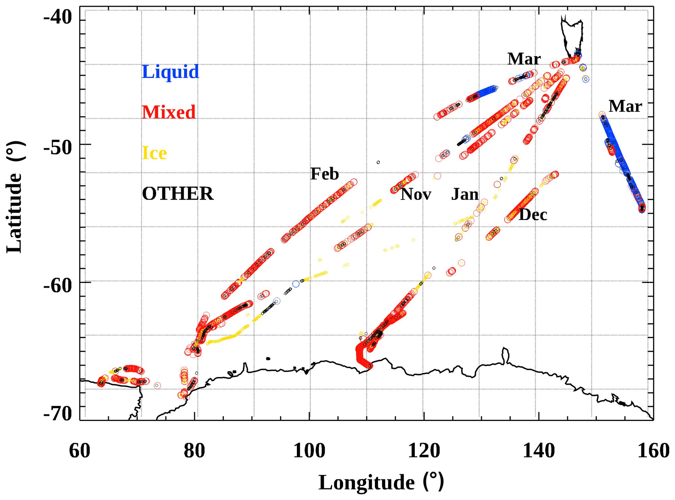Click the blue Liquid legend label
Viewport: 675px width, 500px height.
(x=170, y=72)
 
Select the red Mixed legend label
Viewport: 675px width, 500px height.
(x=169, y=112)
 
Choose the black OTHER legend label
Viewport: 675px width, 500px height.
(x=178, y=194)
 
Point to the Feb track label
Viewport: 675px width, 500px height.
(x=325, y=174)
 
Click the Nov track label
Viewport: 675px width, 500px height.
(x=416, y=195)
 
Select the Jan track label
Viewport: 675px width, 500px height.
(x=465, y=195)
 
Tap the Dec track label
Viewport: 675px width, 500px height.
(x=533, y=215)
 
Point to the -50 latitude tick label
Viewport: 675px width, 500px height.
(x=58, y=148)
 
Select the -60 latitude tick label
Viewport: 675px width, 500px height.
(x=58, y=286)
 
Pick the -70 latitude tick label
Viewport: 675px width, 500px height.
(x=58, y=414)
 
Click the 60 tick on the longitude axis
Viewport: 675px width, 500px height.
(x=80, y=451)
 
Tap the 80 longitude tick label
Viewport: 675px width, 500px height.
(x=194, y=451)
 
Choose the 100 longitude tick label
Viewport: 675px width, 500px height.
(x=309, y=451)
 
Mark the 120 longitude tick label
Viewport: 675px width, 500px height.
(x=424, y=451)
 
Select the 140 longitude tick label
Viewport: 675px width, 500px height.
(x=539, y=451)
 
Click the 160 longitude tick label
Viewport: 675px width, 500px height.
(x=653, y=451)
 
